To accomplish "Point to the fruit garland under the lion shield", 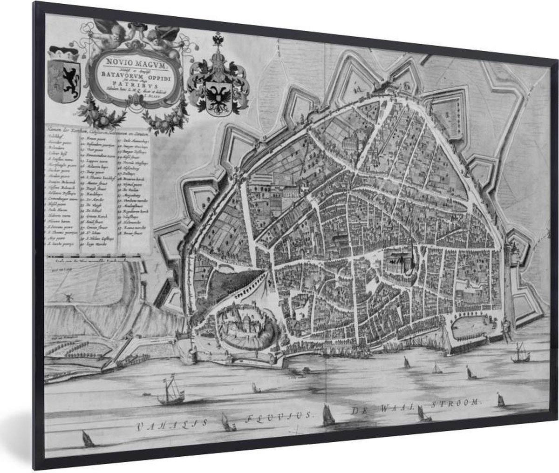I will coord(100,114).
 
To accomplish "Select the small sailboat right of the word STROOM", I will coord(500,400).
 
